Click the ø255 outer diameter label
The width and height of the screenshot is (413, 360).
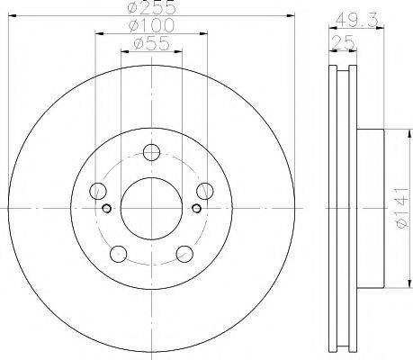[x=151, y=7]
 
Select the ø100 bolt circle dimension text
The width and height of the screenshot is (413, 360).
[x=151, y=25]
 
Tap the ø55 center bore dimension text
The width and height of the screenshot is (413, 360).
[x=151, y=43]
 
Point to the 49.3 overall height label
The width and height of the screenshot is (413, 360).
[x=357, y=20]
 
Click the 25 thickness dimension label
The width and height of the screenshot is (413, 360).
[x=344, y=42]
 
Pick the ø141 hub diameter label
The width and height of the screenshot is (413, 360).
[x=402, y=208]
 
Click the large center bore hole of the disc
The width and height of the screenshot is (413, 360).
[x=151, y=208]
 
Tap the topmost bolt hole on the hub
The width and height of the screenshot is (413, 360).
[x=151, y=152]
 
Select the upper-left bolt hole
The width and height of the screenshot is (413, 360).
[x=98, y=191]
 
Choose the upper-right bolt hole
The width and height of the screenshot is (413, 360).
[x=205, y=191]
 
